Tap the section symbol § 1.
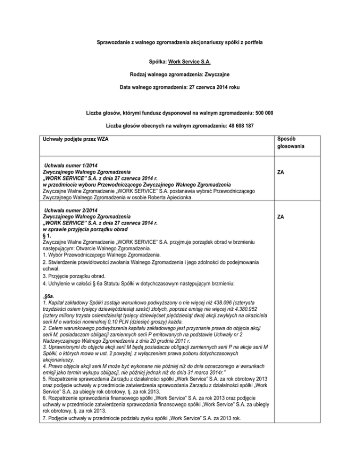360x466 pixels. [x=46, y=235]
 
